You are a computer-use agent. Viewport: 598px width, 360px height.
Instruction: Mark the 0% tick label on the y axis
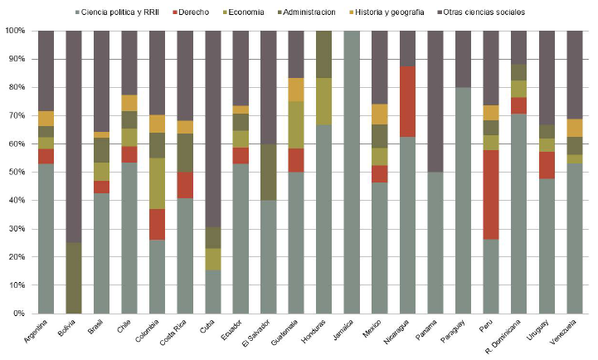point(19,314)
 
